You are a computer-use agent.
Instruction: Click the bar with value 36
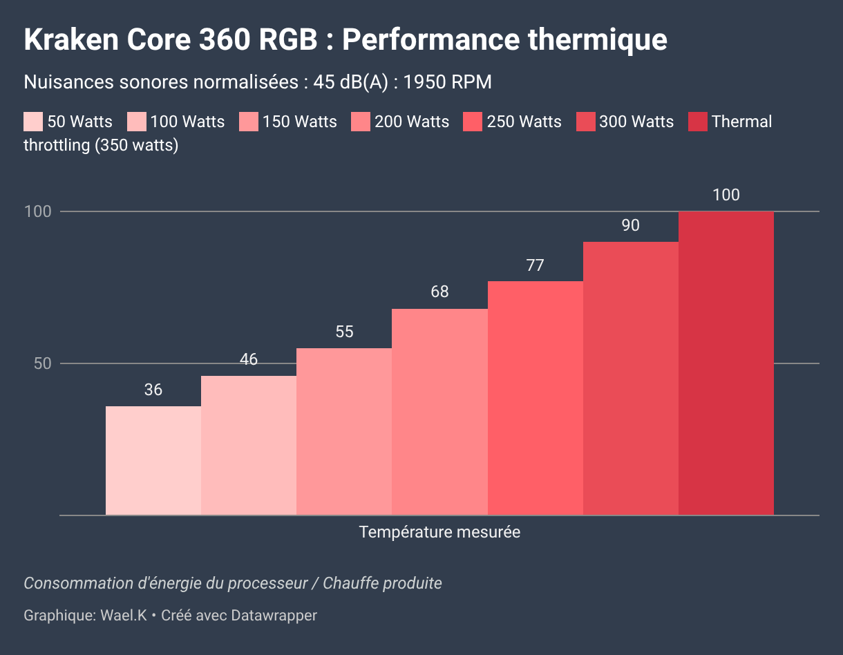pos(153,460)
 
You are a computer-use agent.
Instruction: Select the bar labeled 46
pos(249,446)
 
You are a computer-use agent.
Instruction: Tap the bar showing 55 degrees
pos(344,432)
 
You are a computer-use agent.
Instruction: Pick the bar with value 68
pos(439,412)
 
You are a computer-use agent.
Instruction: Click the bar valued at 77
pos(536,398)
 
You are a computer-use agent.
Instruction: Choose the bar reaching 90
pos(631,378)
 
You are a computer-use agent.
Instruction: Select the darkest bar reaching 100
pos(726,363)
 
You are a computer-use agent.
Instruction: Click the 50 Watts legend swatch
pos(33,122)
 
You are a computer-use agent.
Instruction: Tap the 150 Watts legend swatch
pos(249,122)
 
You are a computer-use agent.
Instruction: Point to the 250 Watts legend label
pos(524,122)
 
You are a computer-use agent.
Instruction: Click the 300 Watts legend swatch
pos(585,122)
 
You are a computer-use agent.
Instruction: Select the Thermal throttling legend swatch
pos(698,122)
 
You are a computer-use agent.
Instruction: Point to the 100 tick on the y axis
pos(38,211)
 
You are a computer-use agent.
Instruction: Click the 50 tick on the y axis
pos(43,363)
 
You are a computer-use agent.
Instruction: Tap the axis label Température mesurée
pos(439,532)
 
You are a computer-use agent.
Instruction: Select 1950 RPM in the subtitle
pos(448,82)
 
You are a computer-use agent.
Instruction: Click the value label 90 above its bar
pos(630,225)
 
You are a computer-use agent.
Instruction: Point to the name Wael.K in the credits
pos(124,615)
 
